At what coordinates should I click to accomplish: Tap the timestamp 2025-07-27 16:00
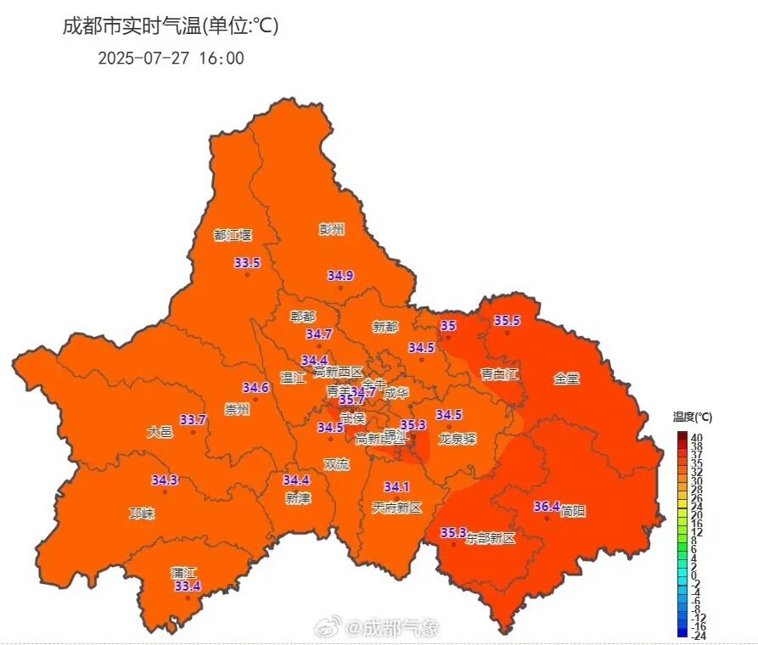coord(171,59)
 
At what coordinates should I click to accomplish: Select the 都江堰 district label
coord(233,235)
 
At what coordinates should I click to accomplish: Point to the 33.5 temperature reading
coord(247,263)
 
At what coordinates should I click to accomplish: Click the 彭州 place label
coord(332,229)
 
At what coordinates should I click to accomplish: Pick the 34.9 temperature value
coord(340,275)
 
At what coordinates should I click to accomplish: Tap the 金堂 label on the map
coord(567,379)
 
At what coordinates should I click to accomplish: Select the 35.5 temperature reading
coord(507,321)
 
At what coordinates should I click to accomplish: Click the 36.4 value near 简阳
coord(546,507)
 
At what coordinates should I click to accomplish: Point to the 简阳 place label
coord(573,511)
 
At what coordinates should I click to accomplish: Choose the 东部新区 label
coord(491,539)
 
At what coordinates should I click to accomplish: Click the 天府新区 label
coord(397,508)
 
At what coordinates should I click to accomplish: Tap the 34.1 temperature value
coord(396,487)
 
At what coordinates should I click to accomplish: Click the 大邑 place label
coord(160,432)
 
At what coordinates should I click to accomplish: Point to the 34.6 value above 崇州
coord(255,388)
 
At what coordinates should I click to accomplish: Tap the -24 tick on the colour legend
coord(698,635)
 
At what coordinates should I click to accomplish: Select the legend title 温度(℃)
coord(693,417)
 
